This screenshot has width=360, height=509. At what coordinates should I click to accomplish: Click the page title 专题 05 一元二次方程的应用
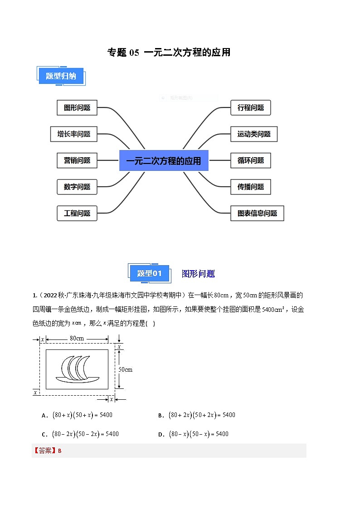tap(169, 52)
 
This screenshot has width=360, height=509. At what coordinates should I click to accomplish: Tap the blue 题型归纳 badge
tap(61, 76)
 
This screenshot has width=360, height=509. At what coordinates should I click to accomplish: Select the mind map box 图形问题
tap(77, 108)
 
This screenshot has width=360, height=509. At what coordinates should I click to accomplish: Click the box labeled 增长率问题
tap(73, 134)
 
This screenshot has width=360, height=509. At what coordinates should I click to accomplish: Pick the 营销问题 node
tap(77, 160)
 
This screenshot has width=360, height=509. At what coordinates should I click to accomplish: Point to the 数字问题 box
tap(77, 187)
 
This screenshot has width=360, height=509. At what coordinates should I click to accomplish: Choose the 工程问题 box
tap(77, 213)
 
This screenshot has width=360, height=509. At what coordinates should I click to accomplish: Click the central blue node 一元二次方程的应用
tap(164, 161)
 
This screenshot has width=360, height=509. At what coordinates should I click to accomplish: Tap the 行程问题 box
tap(251, 108)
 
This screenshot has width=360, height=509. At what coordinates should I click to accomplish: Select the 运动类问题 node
tap(254, 134)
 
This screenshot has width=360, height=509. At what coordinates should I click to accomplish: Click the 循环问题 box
tap(251, 160)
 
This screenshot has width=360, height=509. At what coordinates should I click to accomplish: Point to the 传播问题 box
tap(251, 187)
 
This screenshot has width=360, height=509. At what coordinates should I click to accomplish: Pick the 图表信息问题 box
tap(257, 213)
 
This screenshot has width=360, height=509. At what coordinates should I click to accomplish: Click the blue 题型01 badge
tap(149, 273)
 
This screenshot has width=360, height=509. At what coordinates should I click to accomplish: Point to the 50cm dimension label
tap(126, 369)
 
